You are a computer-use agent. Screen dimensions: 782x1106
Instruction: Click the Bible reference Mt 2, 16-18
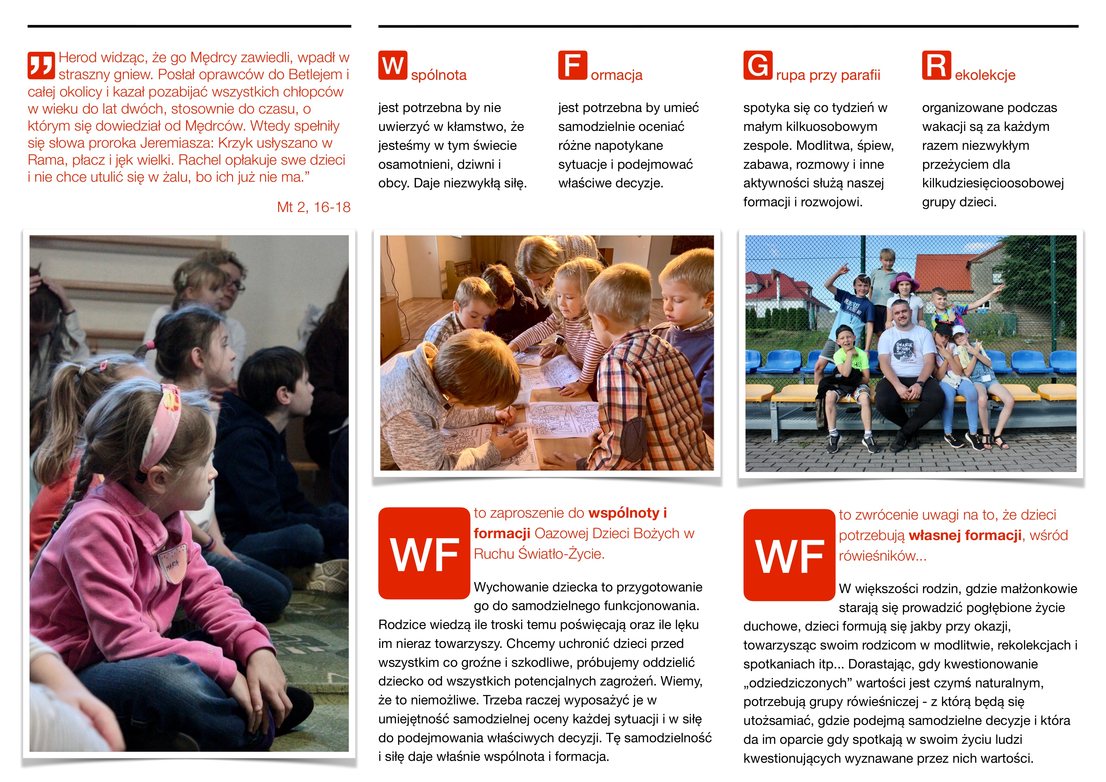coord(314,207)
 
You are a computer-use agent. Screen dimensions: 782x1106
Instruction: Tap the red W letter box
coord(393,65)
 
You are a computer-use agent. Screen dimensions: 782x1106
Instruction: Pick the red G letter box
coord(758,65)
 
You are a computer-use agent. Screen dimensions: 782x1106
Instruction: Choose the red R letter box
coord(936,65)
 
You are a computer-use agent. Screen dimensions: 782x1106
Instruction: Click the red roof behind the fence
coord(942,272)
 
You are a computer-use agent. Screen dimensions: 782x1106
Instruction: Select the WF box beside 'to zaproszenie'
coord(424,553)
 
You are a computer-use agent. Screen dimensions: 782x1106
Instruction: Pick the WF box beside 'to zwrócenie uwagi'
coord(789,555)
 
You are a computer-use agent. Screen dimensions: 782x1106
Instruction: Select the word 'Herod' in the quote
coord(78,58)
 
